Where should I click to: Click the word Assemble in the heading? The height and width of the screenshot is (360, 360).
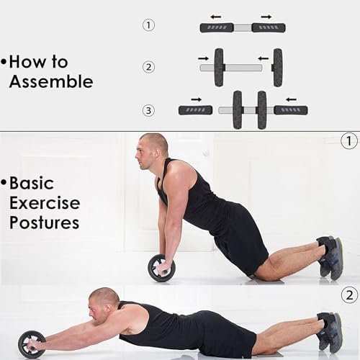pos(51,81)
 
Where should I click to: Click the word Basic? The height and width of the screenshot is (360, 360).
pos(32,183)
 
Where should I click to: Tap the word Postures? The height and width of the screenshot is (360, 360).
pos(45,222)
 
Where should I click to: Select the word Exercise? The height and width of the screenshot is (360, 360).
pos(45,203)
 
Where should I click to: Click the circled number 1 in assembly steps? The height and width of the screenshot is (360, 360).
pos(148,25)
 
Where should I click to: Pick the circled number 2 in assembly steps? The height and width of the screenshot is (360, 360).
pos(148,67)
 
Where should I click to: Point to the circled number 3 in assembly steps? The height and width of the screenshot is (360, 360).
pos(148,111)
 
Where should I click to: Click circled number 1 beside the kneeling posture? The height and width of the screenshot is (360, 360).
pos(349,141)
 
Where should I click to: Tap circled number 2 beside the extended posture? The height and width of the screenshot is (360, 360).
pos(349,294)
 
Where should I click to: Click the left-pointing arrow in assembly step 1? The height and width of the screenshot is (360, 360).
pos(216,17)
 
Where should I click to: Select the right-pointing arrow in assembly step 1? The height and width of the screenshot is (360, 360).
pos(266,17)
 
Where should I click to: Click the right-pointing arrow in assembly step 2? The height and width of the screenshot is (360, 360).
pos(204,58)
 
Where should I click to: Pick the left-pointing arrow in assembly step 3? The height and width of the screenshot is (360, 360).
pos(292,99)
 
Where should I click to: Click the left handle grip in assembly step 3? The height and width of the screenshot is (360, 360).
pos(196,110)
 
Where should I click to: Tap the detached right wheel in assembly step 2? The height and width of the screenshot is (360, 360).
pos(277,68)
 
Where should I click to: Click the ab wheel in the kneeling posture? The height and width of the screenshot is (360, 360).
pos(161,268)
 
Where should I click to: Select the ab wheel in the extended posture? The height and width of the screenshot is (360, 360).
pos(32,344)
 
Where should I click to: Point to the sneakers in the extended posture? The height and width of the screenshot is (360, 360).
pos(330,331)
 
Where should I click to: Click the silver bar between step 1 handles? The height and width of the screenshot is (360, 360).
pos(243,28)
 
